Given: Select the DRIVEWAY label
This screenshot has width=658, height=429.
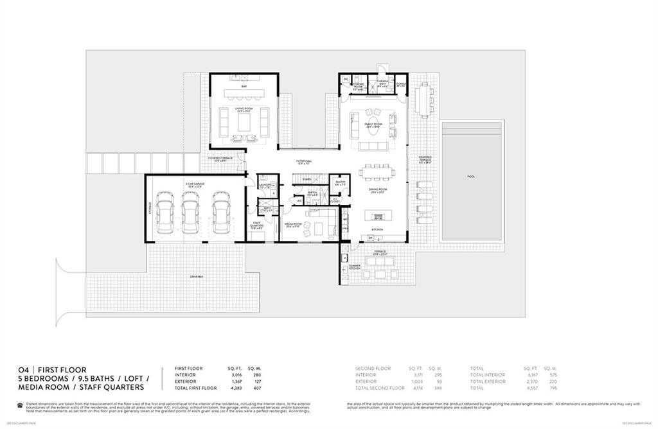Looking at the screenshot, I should click(x=196, y=276).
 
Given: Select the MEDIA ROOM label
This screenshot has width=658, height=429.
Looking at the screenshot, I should click(x=294, y=224).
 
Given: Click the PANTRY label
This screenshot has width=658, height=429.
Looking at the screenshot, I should click(x=340, y=184).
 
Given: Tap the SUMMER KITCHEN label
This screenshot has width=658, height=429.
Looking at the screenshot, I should click(x=354, y=267).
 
